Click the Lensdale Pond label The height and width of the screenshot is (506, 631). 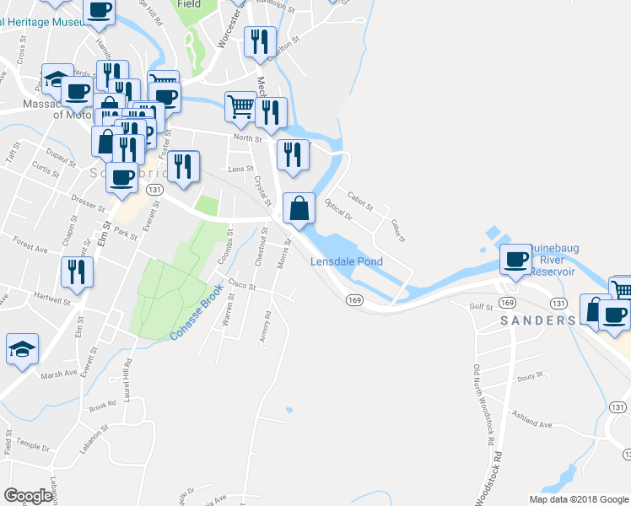pyautogui.click(x=347, y=261)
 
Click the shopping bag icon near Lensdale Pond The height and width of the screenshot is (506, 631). pyautogui.click(x=299, y=207)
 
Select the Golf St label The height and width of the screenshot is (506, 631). pyautogui.click(x=481, y=307)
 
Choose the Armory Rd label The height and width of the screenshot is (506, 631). pyautogui.click(x=267, y=326)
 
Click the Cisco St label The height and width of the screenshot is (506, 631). pyautogui.click(x=240, y=285)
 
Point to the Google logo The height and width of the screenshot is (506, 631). pyautogui.click(x=28, y=496)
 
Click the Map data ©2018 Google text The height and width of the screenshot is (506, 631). pyautogui.click(x=579, y=499)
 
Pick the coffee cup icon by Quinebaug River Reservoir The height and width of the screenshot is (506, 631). pyautogui.click(x=515, y=258)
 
